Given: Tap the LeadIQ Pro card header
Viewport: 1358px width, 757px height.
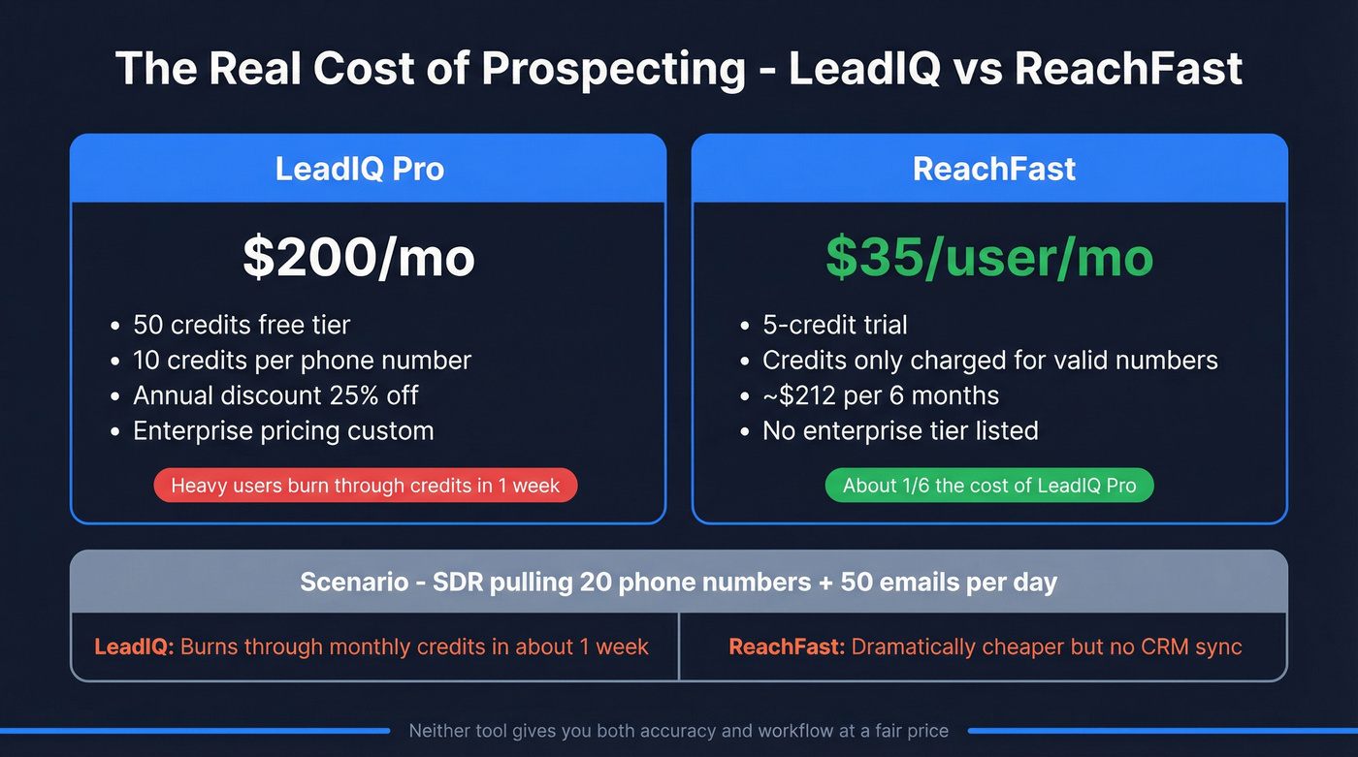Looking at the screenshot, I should point(360,169).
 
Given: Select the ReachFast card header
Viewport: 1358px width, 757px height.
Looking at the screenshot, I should point(994,169).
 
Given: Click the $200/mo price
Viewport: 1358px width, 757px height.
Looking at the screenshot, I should point(359,258).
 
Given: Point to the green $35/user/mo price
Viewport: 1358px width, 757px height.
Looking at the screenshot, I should point(989,258).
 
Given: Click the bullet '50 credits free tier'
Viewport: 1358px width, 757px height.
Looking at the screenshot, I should point(242,325).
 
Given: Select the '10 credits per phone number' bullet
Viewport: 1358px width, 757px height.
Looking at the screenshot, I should point(302,361).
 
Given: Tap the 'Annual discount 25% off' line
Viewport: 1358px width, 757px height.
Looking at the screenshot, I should point(275,395).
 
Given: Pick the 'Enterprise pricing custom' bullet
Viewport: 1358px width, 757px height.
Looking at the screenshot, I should point(283,430).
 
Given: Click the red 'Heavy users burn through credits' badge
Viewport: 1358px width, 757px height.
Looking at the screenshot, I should point(366,486).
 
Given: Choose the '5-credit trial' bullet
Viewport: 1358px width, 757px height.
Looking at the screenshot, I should point(834,325).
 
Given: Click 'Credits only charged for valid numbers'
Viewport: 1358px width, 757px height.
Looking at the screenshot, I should point(989,361).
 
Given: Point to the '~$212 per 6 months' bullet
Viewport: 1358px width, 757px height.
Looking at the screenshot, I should point(880,395).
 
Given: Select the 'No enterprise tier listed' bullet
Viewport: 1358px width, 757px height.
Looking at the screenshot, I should point(899,430).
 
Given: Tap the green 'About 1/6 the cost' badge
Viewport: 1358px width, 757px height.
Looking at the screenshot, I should point(989,486).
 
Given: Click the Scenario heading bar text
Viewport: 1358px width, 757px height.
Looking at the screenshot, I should point(678,582).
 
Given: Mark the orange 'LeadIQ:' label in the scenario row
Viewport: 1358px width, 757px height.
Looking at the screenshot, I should point(134,647).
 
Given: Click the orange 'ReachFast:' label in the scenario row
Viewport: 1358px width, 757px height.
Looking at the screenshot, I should point(787,647).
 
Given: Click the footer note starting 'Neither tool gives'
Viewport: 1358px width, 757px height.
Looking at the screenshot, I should point(678,731).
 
